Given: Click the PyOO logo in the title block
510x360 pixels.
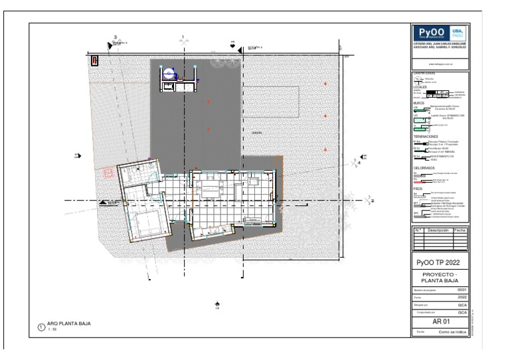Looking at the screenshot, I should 430,34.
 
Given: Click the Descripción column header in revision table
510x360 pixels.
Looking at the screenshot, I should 438,230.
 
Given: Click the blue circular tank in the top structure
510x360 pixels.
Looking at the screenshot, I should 169,74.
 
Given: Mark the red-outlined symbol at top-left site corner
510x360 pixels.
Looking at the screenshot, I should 95,60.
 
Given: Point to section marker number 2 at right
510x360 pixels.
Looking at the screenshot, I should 372,200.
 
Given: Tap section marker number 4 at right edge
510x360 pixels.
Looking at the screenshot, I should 359,161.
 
